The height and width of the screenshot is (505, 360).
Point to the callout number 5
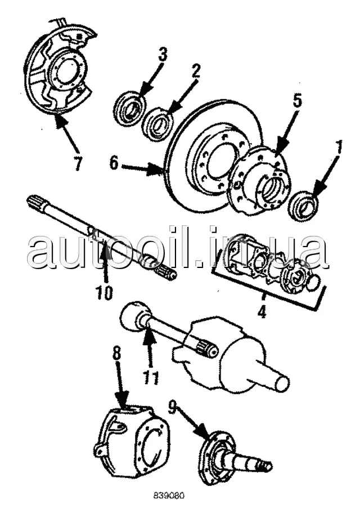point(296,102)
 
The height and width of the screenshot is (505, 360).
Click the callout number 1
point(338,148)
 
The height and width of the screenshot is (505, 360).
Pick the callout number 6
point(114,164)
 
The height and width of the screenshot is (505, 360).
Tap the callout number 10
point(104,292)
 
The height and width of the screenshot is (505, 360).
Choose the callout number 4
point(262,311)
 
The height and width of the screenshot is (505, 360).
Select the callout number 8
point(116,354)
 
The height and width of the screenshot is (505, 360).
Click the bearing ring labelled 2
point(158,124)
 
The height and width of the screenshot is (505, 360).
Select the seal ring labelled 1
point(303,205)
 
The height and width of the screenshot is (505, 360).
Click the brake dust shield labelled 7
point(59,70)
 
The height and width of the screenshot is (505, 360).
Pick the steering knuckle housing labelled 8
point(134,442)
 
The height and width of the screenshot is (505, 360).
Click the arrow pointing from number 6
point(141,168)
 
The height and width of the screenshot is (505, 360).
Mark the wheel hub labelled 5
point(260,179)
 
